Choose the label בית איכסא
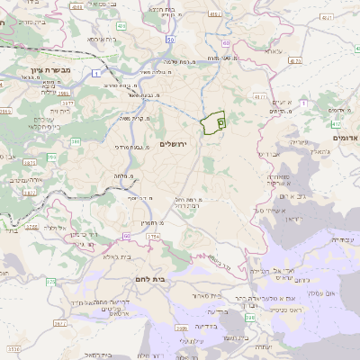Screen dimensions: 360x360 (104, 40)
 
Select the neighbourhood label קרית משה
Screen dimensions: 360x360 (134, 117)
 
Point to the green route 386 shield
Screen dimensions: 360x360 (76, 141)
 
